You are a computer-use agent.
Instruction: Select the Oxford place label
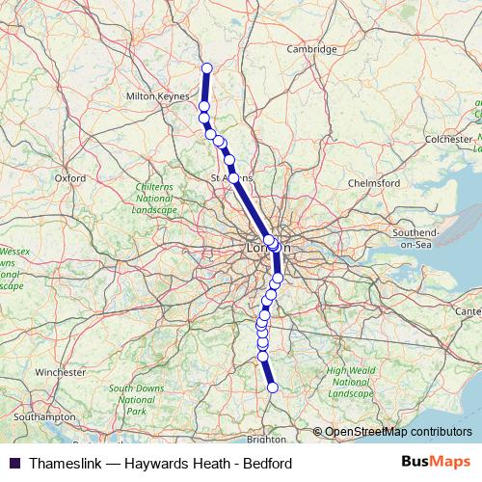[70, 177]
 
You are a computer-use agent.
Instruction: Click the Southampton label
[45, 416]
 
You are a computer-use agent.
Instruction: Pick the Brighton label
[266, 439]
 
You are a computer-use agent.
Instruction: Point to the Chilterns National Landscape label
[154, 201]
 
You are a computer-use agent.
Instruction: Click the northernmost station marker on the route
[206, 67]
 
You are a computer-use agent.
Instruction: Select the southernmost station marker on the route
[272, 388]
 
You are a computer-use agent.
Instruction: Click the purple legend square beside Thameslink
[15, 463]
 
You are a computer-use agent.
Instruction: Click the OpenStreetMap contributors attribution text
[397, 432]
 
